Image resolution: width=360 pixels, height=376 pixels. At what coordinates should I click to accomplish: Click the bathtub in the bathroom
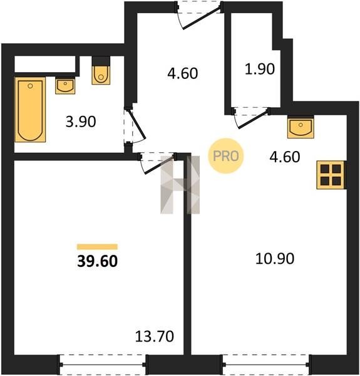[30, 110]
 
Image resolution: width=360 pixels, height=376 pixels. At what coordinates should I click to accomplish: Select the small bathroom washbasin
[65, 86]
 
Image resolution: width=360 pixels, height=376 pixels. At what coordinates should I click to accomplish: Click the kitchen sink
[301, 127]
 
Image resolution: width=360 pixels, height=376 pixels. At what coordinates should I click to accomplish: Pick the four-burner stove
[331, 175]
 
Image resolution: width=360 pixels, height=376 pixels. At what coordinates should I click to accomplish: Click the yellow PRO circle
[225, 156]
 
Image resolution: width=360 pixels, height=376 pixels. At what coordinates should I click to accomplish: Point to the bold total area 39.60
[98, 261]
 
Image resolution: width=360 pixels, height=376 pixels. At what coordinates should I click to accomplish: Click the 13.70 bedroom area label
[155, 336]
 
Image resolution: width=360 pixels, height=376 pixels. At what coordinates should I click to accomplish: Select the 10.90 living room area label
[275, 259]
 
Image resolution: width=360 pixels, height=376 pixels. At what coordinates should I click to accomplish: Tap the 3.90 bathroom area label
[81, 122]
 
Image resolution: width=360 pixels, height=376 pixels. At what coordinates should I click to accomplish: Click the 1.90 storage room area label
[260, 69]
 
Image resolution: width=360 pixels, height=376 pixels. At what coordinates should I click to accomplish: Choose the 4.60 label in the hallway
[183, 73]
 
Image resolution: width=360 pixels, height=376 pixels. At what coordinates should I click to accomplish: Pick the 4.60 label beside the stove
[285, 157]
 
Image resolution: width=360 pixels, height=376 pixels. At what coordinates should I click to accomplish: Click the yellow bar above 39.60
[97, 247]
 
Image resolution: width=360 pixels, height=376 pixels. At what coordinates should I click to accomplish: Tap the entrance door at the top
[199, 14]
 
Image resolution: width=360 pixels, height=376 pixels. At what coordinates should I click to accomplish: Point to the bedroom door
[158, 162]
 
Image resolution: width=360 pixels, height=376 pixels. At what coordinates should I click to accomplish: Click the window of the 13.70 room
[102, 365]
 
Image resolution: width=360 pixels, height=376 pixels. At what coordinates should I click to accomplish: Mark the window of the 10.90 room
[266, 365]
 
